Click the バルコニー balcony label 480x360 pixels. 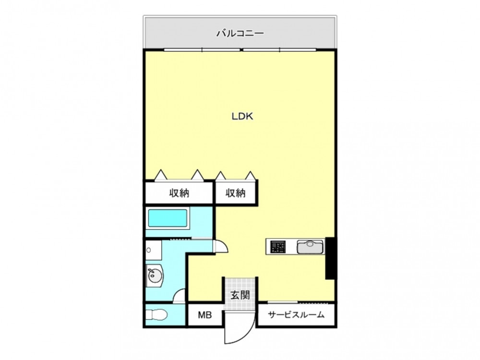240,33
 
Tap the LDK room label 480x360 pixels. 242,116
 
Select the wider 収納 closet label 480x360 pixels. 179,193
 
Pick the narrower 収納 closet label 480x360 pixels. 235,193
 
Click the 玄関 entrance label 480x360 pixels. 240,295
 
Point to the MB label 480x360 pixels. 205,315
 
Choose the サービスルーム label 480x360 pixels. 296,315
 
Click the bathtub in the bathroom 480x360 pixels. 168,218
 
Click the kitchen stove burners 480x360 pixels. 278,247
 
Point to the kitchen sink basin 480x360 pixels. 310,247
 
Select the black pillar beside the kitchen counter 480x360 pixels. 330,258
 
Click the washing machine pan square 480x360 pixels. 154,250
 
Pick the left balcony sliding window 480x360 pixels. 202,49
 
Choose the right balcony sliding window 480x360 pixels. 280,49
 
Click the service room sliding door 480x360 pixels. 298,302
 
